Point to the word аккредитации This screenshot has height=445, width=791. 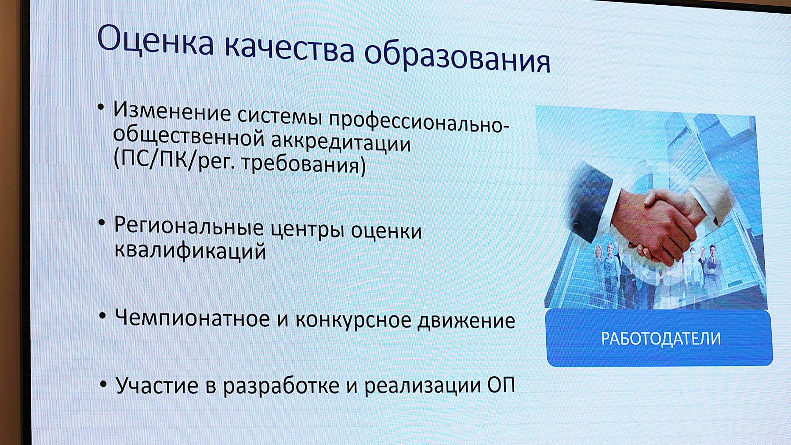(341, 142)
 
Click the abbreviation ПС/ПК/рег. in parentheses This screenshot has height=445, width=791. (173, 159)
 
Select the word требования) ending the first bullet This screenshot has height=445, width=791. (304, 164)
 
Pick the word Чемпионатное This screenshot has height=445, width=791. (192, 318)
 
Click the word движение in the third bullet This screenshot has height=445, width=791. (466, 321)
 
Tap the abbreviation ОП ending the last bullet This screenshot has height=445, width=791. (501, 385)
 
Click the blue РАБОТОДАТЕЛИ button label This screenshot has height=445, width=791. (660, 339)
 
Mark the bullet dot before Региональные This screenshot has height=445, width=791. (102, 223)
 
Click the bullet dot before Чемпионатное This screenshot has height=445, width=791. (102, 315)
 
